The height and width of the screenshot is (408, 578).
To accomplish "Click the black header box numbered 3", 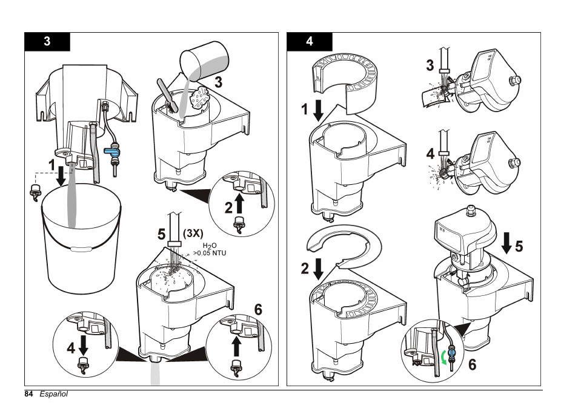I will tap(47, 42).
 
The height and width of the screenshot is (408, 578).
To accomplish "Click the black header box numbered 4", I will tap(310, 42).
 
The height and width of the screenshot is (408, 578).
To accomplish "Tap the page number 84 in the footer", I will tap(28, 395).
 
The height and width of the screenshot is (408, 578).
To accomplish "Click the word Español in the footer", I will tap(53, 395).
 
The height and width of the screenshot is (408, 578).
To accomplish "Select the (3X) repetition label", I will tap(192, 233).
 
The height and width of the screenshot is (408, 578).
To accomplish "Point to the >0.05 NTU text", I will tap(210, 253).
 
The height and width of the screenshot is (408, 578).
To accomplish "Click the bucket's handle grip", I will tap(79, 249).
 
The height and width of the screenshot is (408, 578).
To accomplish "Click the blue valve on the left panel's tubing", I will tap(112, 149).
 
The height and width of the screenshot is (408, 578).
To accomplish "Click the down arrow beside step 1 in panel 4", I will tap(317, 112).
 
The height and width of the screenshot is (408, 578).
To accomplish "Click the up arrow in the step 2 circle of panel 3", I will tap(238, 204).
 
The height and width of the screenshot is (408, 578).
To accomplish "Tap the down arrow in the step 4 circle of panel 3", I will tap(84, 344).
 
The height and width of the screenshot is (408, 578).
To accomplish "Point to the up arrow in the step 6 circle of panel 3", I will tap(236, 346).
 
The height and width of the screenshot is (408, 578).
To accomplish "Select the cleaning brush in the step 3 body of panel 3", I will tap(168, 95).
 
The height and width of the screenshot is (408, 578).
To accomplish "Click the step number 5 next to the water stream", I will tap(161, 233).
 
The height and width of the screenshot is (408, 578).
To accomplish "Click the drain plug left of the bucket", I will tap(35, 192).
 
